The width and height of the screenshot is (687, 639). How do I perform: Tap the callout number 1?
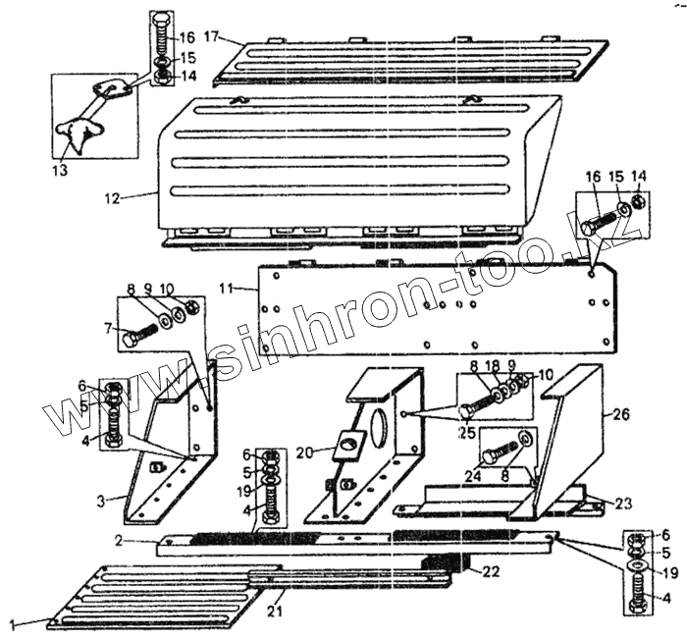[14, 622]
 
